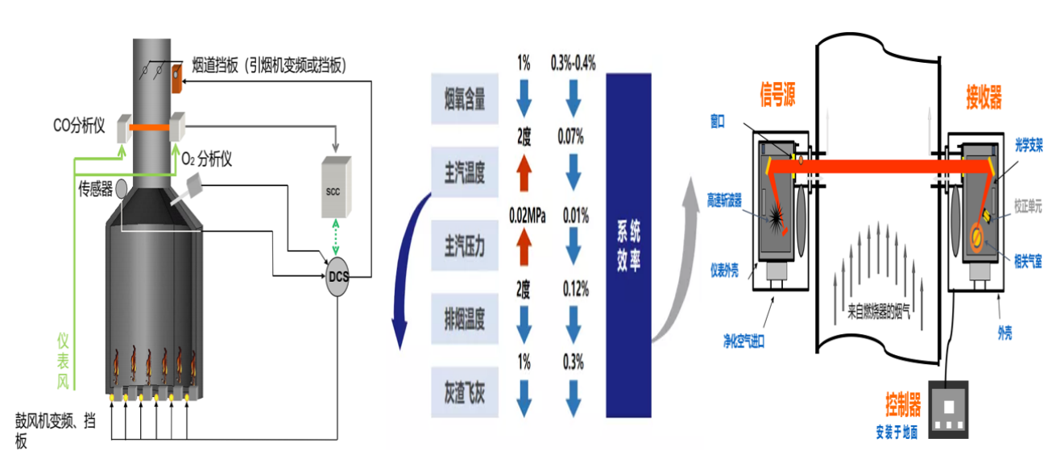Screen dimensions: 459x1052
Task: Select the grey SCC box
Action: click(335, 187)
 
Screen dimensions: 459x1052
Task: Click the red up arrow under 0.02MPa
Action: click(524, 246)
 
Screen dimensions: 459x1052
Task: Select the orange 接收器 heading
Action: click(984, 98)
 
